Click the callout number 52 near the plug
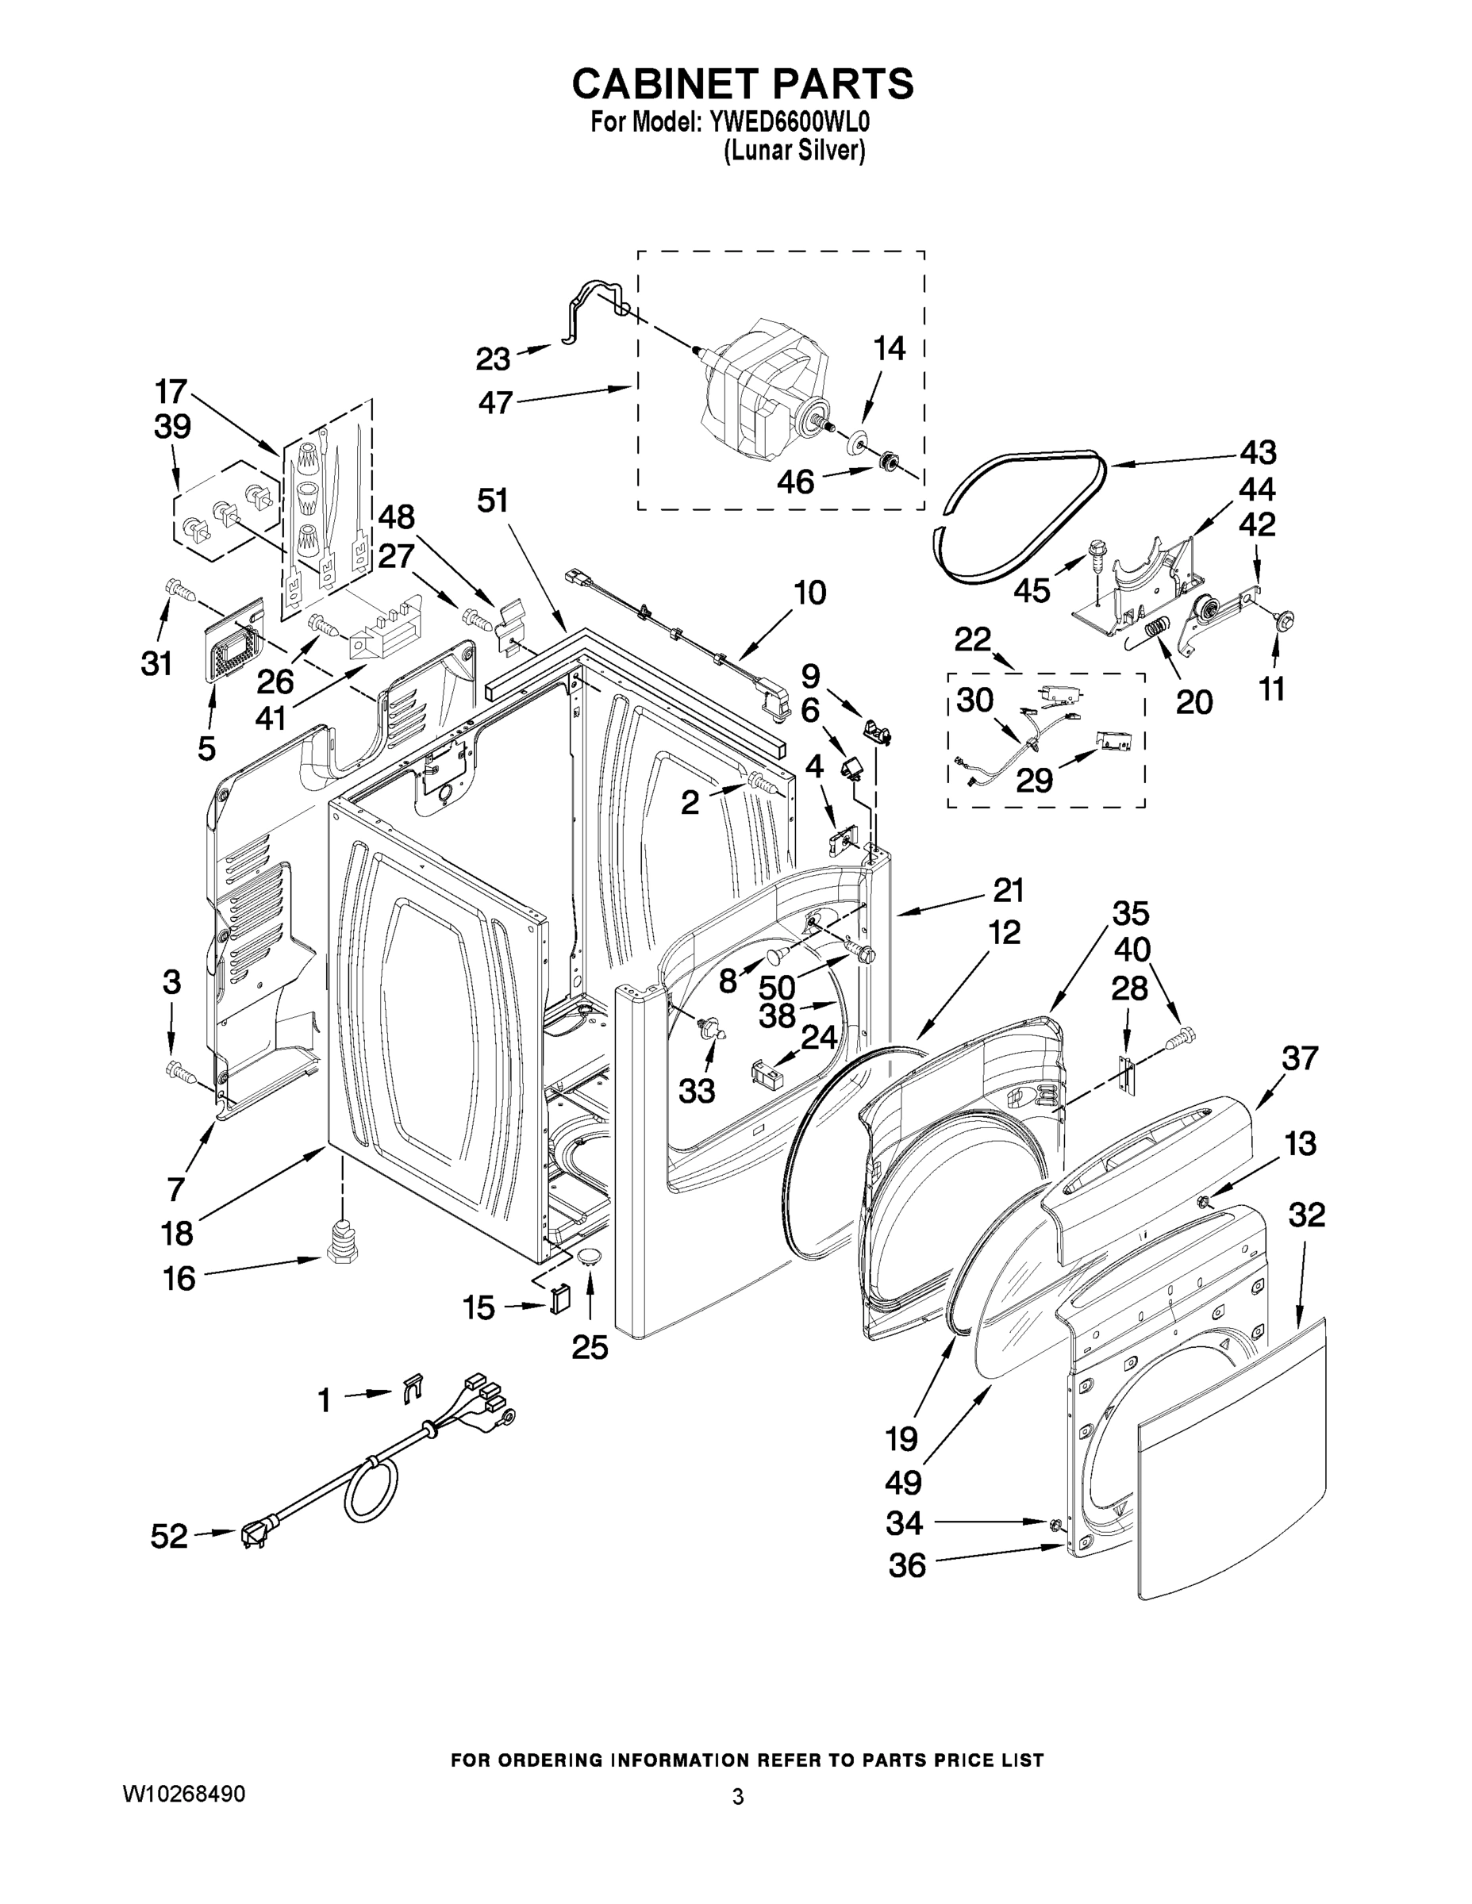(x=168, y=1536)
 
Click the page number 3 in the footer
(x=738, y=1797)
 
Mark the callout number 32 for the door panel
(x=1306, y=1215)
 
